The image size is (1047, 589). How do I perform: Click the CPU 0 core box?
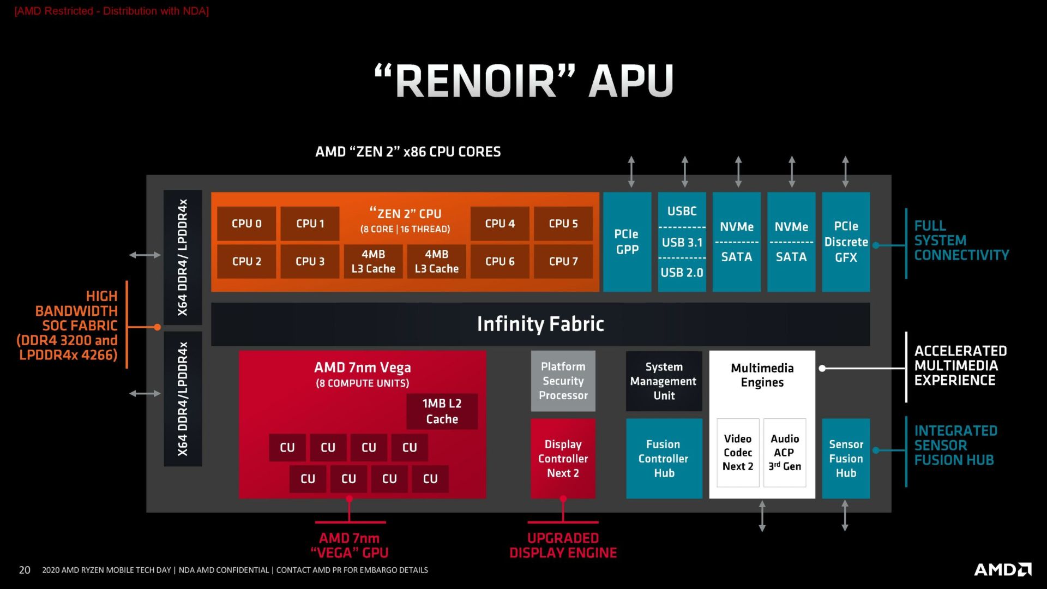(246, 224)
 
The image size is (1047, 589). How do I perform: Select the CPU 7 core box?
(563, 261)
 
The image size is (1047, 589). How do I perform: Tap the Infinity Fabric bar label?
(540, 324)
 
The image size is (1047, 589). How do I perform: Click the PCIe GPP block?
(627, 242)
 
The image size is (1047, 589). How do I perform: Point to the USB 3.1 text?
(682, 242)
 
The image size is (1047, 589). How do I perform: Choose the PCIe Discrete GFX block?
(845, 242)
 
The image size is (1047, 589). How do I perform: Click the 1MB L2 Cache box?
(442, 411)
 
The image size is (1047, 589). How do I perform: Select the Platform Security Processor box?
(563, 381)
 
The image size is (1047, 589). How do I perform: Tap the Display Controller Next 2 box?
(563, 458)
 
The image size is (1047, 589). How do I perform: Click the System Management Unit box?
(664, 381)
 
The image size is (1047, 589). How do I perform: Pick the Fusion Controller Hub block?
(664, 458)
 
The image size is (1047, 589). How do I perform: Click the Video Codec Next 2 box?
(737, 453)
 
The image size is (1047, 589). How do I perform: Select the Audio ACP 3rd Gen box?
(785, 453)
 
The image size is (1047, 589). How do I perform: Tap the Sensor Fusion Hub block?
(845, 458)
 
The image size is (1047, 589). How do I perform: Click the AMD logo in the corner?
(1002, 569)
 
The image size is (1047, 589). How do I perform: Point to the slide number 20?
(25, 570)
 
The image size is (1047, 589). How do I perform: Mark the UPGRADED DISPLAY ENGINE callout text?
(563, 545)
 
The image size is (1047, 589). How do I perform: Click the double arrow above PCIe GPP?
(631, 171)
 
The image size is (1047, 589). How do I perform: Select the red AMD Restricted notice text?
(112, 11)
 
